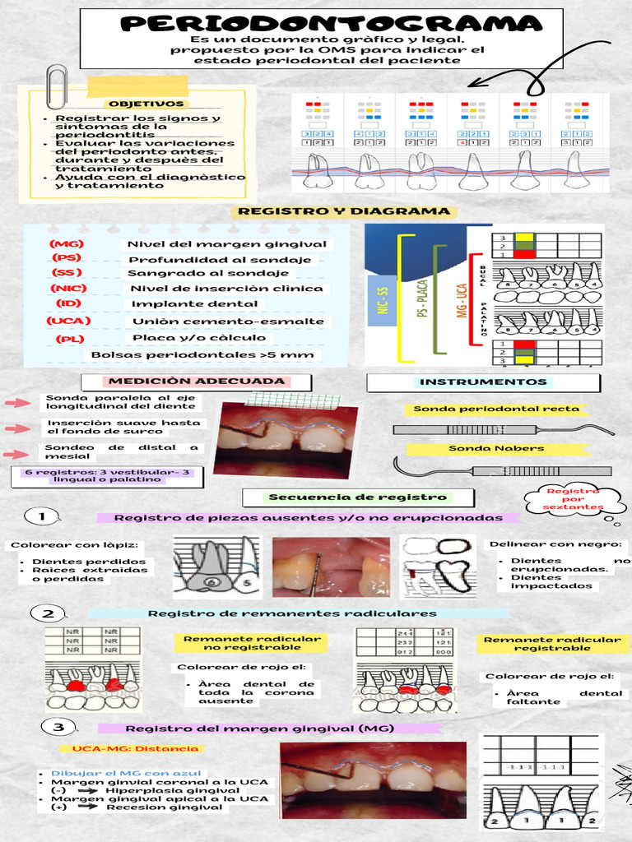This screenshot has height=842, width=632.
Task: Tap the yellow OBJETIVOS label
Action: point(146,104)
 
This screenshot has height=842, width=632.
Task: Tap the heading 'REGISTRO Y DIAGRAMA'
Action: point(343,211)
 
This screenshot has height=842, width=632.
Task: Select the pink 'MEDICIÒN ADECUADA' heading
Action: point(197,382)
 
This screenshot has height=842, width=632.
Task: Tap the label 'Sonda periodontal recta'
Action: point(495,409)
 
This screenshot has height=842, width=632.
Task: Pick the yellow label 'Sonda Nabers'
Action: point(495,448)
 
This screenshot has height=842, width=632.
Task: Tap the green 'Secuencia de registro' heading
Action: point(357,497)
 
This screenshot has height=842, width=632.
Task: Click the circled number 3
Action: point(58,728)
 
